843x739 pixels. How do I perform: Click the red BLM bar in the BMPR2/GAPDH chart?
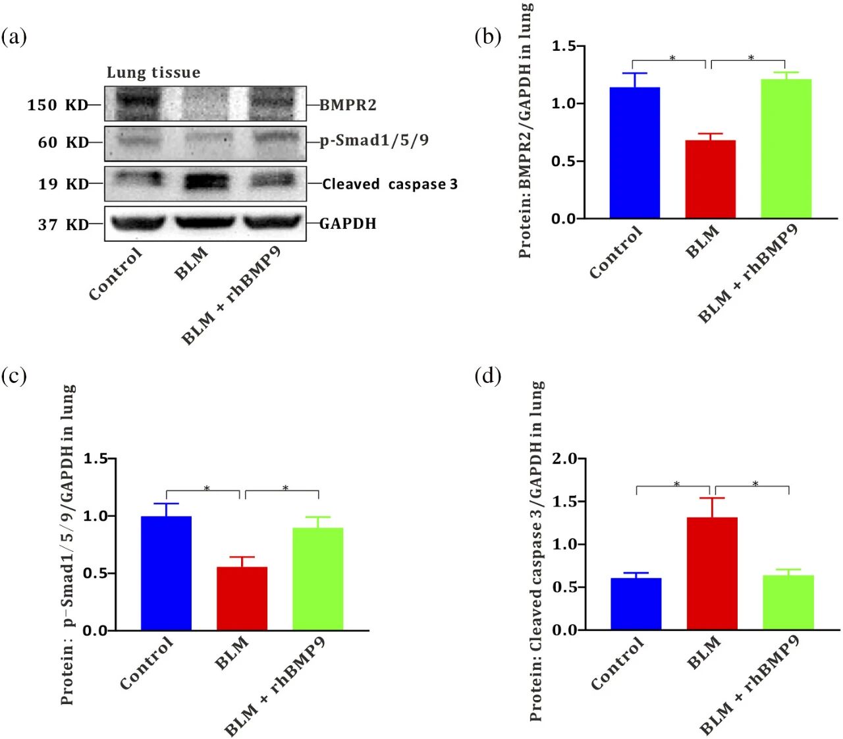coord(710,179)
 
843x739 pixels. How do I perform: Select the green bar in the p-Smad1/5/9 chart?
coord(317,579)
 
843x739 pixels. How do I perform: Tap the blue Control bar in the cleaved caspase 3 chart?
coord(636,604)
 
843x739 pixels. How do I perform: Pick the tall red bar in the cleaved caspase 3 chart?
coord(711,574)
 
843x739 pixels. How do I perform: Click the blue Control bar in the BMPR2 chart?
coord(634,152)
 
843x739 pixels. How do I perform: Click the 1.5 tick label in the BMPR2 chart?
coord(563,46)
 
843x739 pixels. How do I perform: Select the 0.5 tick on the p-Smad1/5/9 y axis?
coord(95,573)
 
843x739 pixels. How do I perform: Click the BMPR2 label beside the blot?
coord(348,105)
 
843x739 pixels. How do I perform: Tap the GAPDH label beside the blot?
coord(348,223)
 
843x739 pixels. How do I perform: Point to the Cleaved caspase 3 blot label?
coord(390,184)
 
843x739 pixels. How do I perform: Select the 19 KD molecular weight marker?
coord(63,184)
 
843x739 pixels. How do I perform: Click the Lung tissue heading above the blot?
coord(153,73)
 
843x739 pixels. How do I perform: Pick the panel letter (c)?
coord(14,376)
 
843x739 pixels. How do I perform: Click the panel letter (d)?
coord(487,376)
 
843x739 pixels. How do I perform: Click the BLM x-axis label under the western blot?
coord(192,262)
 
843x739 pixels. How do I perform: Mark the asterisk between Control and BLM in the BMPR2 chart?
coord(672,58)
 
